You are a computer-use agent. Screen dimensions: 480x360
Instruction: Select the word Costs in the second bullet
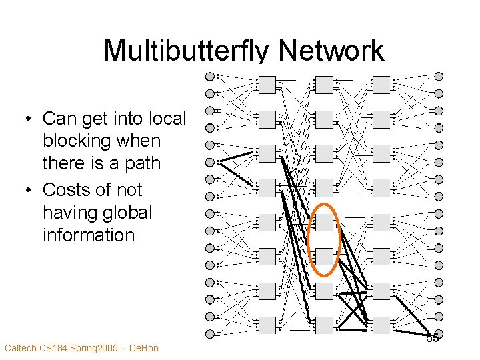(x=65, y=190)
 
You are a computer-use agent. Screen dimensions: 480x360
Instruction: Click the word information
(x=88, y=235)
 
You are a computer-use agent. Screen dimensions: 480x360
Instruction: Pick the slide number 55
(x=432, y=337)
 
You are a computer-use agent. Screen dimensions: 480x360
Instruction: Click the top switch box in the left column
(x=267, y=85)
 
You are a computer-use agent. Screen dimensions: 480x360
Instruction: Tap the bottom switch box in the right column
(x=381, y=325)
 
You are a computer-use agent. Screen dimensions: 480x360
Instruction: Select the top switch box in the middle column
(x=325, y=85)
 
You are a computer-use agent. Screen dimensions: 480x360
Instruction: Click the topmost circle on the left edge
(x=209, y=76)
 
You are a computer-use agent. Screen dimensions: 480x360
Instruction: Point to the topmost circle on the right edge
(x=439, y=76)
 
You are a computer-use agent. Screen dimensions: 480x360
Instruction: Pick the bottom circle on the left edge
(x=209, y=333)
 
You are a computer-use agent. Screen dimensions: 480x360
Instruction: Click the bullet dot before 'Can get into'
(x=29, y=119)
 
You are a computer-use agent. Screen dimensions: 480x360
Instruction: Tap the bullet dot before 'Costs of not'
(x=29, y=191)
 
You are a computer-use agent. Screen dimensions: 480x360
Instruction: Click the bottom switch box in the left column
(x=267, y=325)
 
